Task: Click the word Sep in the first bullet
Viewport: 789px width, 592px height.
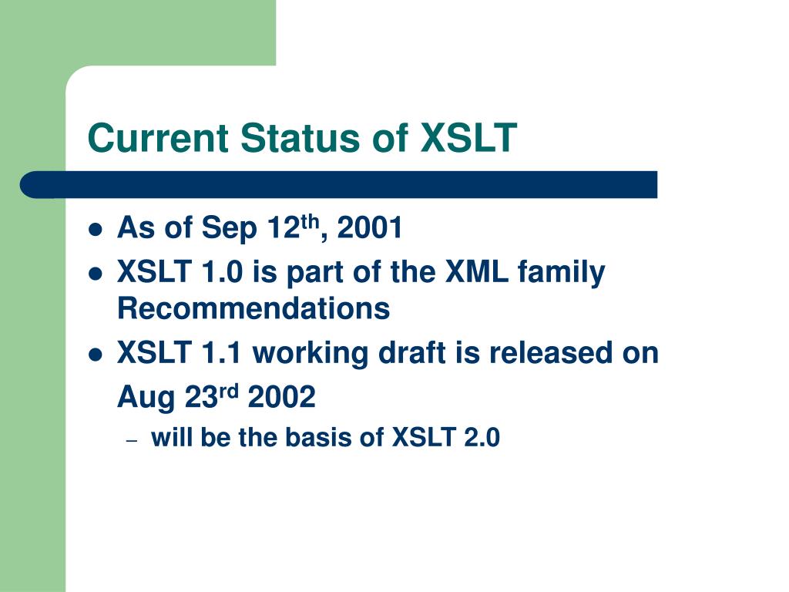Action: click(x=230, y=228)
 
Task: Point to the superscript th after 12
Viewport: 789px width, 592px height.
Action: click(x=310, y=221)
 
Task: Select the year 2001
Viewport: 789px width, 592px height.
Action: click(x=370, y=227)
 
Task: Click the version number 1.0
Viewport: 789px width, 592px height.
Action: click(x=222, y=271)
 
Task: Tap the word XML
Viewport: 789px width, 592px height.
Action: click(x=476, y=271)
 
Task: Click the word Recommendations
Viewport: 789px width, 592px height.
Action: click(x=253, y=308)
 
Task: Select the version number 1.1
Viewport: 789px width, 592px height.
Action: click(x=222, y=352)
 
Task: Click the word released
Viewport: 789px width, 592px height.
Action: click(x=551, y=352)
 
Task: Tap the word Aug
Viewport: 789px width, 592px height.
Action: click(x=146, y=398)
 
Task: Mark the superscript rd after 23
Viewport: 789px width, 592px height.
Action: click(x=229, y=391)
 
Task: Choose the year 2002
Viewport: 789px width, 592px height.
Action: click(x=282, y=397)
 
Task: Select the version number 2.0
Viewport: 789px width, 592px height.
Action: click(x=482, y=437)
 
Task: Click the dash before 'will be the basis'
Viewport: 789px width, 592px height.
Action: click(x=133, y=440)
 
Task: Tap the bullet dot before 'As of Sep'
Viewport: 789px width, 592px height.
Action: click(x=95, y=230)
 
